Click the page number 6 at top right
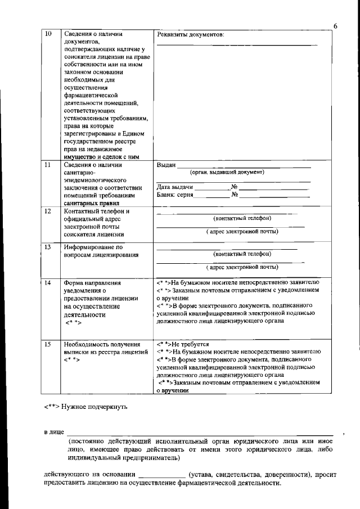335,26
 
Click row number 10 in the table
48,34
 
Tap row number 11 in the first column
48,165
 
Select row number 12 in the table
48,211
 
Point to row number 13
48,247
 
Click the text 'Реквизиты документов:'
190,35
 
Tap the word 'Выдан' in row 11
165,165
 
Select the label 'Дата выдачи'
175,187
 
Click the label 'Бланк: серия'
174,195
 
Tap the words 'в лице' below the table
55,432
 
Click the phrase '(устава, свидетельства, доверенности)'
250,475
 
